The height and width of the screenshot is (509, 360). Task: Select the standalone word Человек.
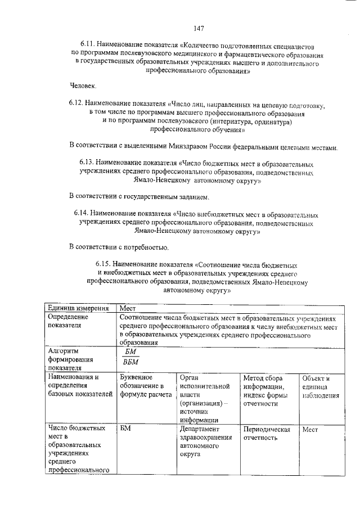(x=83, y=86)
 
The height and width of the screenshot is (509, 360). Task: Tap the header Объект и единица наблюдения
(x=319, y=386)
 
